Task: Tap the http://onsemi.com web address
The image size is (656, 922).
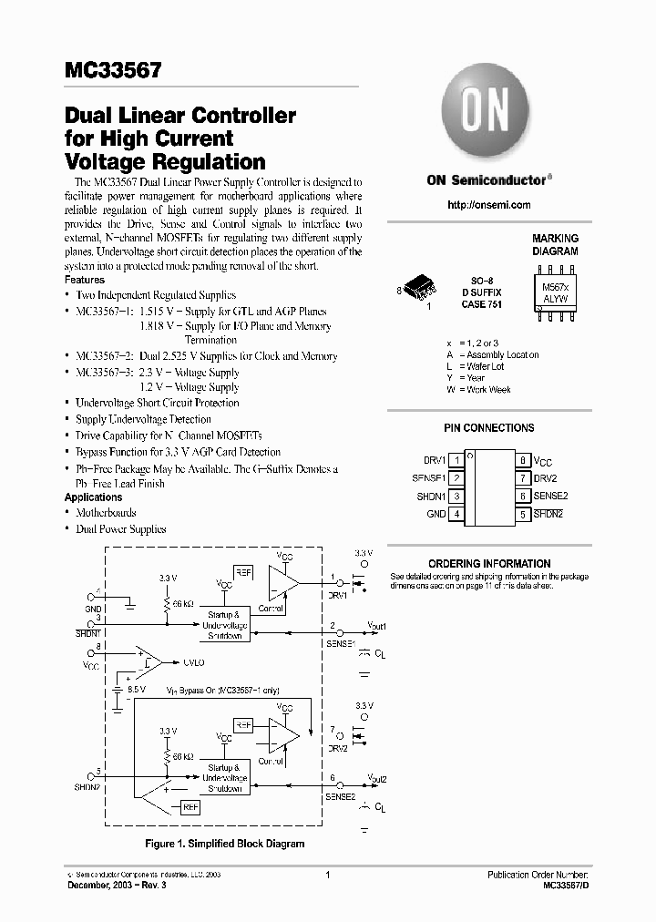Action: (489, 205)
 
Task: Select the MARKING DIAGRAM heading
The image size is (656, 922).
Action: (555, 244)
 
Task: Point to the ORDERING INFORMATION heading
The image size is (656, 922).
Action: (489, 564)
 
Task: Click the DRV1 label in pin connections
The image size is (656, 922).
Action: (435, 461)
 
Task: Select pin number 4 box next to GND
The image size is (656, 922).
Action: (456, 514)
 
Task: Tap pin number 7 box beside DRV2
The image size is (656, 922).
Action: (523, 478)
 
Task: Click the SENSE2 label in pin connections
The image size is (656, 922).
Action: (551, 496)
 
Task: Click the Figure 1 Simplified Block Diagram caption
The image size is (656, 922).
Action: (218, 844)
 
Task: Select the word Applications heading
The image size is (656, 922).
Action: (94, 497)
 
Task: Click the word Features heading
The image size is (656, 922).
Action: (85, 280)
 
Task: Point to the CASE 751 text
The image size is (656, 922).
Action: (483, 303)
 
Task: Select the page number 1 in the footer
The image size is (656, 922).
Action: (327, 875)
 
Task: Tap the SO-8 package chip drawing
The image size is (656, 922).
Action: (421, 289)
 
